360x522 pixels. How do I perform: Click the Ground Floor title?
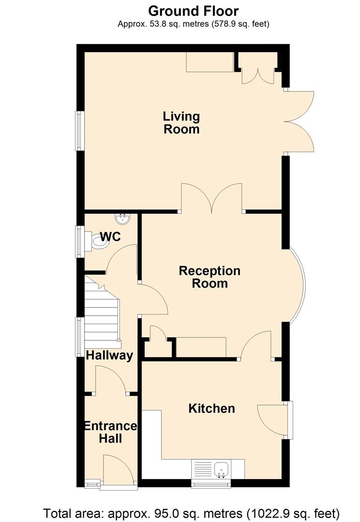(x=193, y=10)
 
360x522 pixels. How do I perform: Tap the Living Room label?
(x=181, y=123)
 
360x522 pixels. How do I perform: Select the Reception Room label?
(x=209, y=276)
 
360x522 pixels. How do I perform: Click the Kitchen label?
(x=211, y=408)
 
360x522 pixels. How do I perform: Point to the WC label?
(x=110, y=237)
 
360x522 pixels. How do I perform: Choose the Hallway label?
(x=109, y=356)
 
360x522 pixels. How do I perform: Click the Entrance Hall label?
(x=110, y=432)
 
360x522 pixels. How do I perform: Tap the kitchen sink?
(x=222, y=468)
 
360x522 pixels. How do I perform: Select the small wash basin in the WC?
(x=124, y=219)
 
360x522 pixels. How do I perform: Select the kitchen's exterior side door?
(x=273, y=420)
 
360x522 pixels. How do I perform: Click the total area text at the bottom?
(x=192, y=512)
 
